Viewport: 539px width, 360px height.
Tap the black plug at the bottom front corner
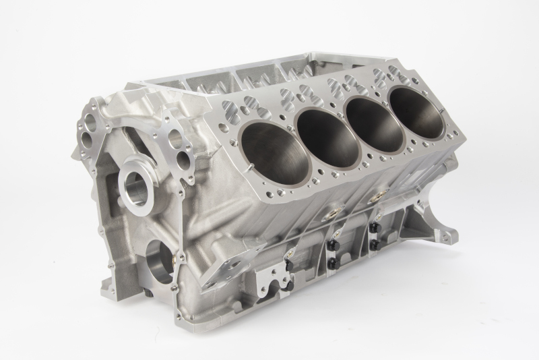(x=146, y=294)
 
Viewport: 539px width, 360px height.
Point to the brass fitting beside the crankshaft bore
(x=180, y=256)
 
